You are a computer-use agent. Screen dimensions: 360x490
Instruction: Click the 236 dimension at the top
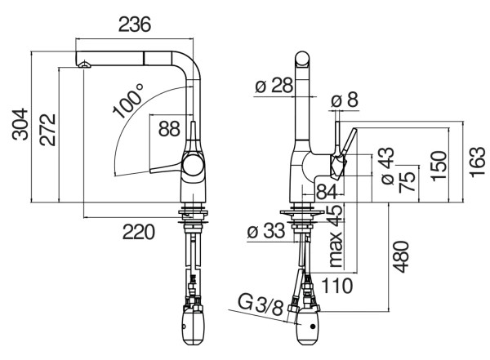click(x=134, y=24)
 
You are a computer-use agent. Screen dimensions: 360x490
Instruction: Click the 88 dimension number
click(x=169, y=128)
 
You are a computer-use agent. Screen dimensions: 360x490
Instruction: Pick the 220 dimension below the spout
click(x=139, y=233)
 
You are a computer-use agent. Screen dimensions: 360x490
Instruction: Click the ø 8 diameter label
click(x=345, y=100)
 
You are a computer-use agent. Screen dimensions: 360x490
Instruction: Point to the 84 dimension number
click(x=326, y=192)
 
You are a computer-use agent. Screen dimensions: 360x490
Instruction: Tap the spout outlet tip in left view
click(x=82, y=64)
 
